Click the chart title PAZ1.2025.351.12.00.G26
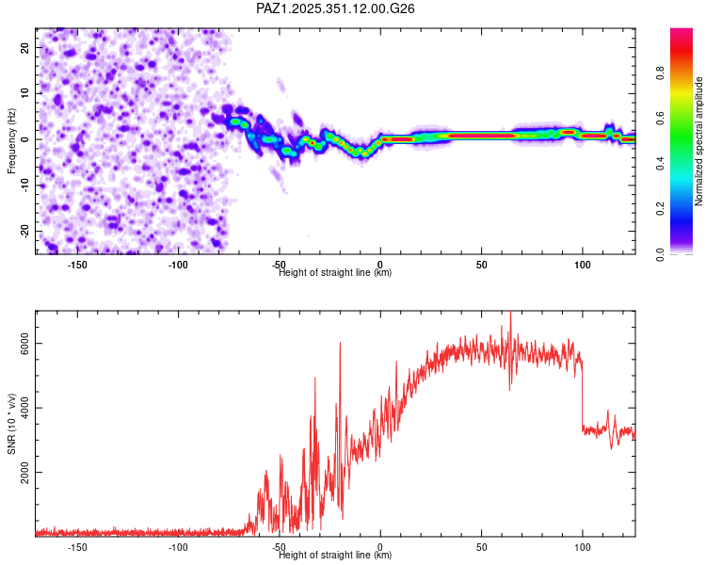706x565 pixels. click(336, 8)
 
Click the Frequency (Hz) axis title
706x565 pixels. click(11, 139)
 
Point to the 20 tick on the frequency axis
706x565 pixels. click(24, 47)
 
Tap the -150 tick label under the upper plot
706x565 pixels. click(77, 264)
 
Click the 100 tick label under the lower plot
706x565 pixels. click(582, 546)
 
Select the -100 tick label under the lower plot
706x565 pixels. click(178, 546)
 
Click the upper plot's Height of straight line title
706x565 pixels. click(335, 272)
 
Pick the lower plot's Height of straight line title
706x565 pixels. click(335, 555)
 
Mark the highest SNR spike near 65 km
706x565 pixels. click(511, 313)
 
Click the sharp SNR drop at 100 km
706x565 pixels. click(582, 395)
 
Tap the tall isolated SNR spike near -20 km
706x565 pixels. click(340, 343)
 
